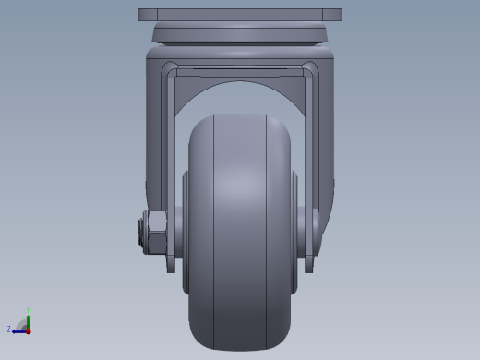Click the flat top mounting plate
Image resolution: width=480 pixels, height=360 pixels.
[x=239, y=15]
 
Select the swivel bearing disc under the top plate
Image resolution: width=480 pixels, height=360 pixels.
[x=239, y=34]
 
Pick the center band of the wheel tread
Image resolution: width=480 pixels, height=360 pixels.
[x=240, y=231]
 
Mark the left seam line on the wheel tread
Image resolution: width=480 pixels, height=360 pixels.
[x=214, y=231]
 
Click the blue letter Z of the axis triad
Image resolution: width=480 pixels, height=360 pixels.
[x=9, y=329]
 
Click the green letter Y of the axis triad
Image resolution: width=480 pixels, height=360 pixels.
[x=28, y=310]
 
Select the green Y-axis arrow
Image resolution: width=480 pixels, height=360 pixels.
[x=28, y=320]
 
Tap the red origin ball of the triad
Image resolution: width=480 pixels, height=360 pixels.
[x=28, y=330]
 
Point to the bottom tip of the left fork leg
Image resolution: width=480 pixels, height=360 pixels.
[x=171, y=269]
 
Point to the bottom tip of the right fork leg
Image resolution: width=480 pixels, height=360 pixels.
[x=309, y=269]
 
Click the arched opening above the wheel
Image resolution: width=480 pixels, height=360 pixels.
[x=240, y=97]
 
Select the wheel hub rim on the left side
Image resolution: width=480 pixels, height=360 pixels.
[x=186, y=231]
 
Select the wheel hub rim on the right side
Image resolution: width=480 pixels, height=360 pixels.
[x=294, y=231]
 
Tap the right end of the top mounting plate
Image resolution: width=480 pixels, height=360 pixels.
[x=336, y=15]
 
